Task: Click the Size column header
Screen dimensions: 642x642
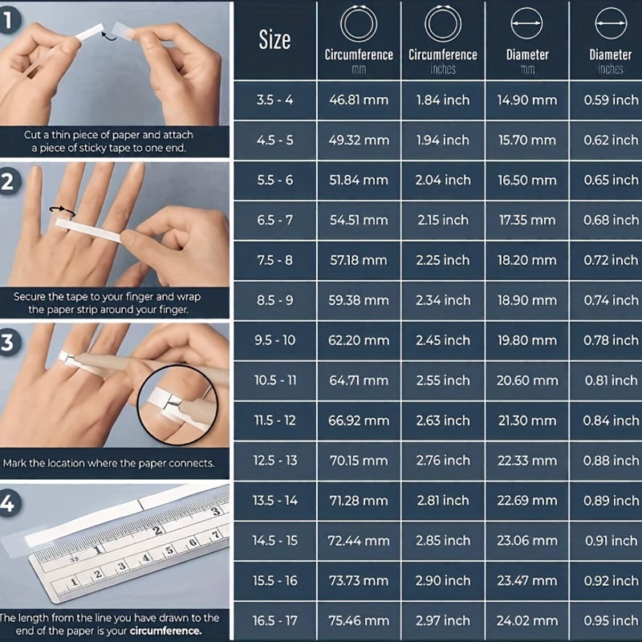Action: (274, 41)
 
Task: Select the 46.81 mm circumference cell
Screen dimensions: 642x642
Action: (359, 100)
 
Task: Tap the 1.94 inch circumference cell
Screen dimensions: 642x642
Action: (442, 140)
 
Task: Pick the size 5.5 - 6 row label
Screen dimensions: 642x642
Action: (275, 181)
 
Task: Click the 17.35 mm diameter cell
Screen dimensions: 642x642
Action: (526, 220)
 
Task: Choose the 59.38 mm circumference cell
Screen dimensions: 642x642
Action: (359, 300)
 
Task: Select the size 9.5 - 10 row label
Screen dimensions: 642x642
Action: (275, 340)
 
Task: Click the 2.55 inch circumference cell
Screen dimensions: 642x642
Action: (442, 380)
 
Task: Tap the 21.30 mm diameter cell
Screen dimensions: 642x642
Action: (526, 421)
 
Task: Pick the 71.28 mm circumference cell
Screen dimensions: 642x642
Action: (359, 501)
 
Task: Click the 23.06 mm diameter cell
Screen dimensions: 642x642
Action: (526, 541)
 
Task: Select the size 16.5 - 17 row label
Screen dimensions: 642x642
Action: (275, 620)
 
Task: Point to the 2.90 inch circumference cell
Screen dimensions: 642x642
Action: (442, 581)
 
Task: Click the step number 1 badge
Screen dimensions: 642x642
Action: (9, 21)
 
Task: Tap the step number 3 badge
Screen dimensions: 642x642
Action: (9, 343)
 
